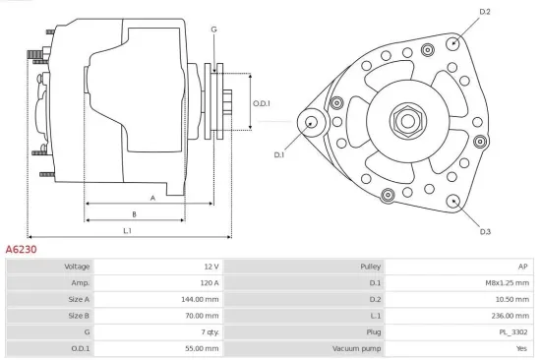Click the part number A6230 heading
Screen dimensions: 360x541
tap(22, 250)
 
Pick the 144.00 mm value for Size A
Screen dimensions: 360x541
tap(199, 299)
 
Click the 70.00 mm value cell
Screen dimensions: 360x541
tap(201, 316)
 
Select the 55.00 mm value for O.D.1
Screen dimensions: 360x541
tap(201, 348)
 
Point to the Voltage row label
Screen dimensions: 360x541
tap(77, 267)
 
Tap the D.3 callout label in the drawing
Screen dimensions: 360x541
tap(485, 231)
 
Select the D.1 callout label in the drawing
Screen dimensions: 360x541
tap(278, 154)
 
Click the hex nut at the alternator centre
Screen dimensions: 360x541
tap(405, 121)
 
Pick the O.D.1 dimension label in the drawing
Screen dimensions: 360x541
tap(261, 103)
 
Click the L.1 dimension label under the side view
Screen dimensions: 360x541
tap(128, 230)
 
